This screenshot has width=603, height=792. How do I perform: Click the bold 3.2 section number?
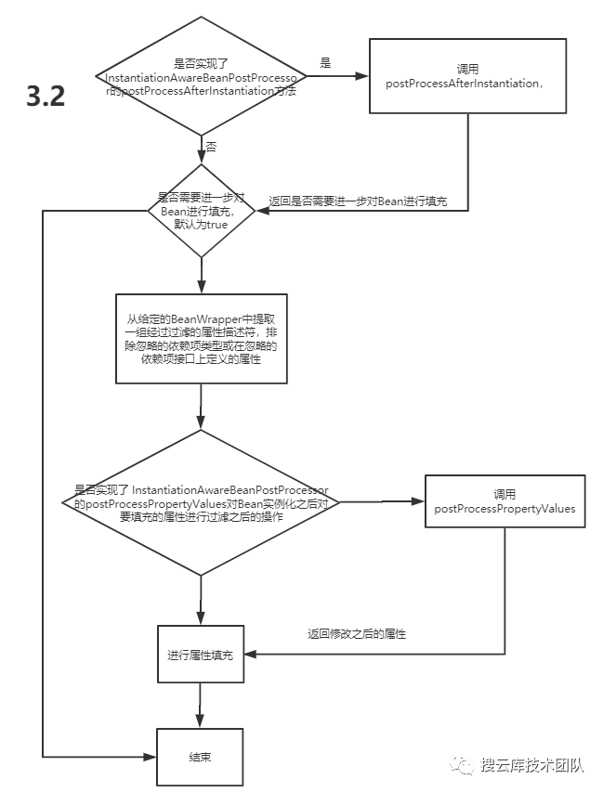[x=46, y=97]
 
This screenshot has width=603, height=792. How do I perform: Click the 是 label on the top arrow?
[x=325, y=63]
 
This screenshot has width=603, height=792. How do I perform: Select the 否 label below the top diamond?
[x=211, y=148]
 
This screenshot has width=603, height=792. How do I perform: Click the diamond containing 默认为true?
[x=201, y=210]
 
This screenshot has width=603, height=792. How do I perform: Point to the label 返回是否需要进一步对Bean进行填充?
[x=358, y=201]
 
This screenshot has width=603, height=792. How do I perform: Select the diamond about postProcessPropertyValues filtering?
[x=201, y=502]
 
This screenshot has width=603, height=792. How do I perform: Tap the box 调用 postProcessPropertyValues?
[x=505, y=501]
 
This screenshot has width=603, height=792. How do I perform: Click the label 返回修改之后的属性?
[x=357, y=634]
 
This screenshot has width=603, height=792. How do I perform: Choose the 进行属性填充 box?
[x=201, y=655]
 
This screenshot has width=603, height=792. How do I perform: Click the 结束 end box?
[x=201, y=757]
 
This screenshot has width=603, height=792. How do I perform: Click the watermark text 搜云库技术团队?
[x=531, y=765]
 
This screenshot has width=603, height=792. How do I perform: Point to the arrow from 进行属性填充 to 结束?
[x=201, y=706]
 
